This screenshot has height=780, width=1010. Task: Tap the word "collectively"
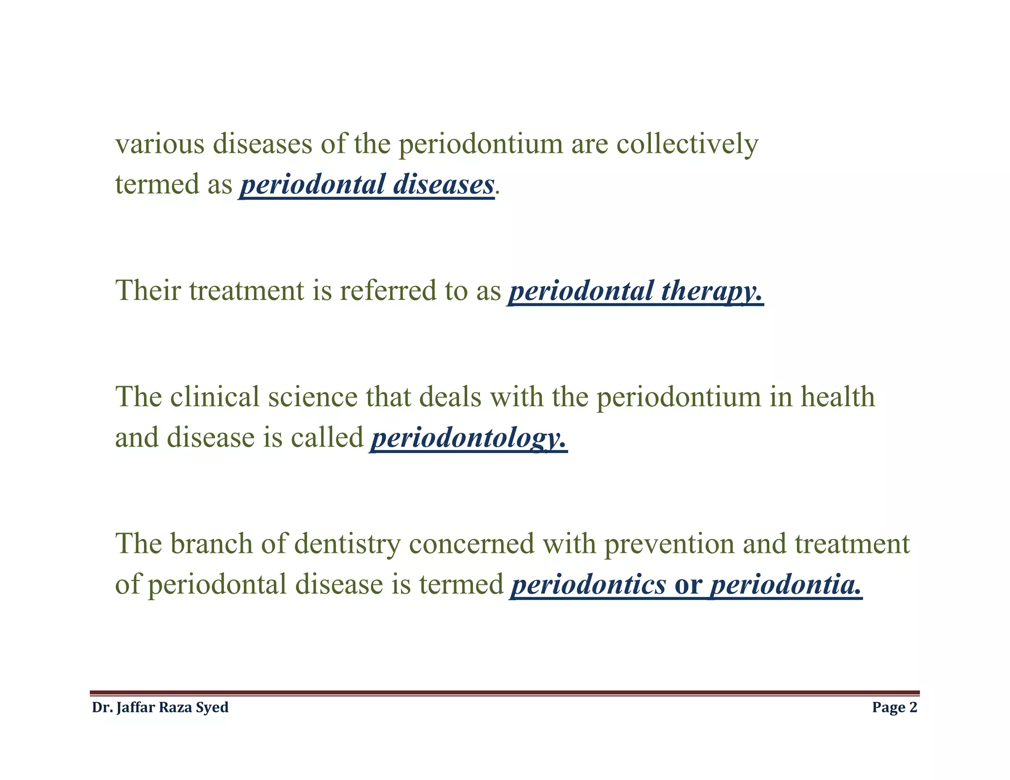687,144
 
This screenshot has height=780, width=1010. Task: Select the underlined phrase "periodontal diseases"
367,185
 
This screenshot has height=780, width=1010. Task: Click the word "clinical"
215,397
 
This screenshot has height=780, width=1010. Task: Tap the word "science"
312,397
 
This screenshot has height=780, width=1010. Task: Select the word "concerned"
472,544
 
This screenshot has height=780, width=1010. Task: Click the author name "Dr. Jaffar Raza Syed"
160,708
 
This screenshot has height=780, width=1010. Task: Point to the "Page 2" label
895,708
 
